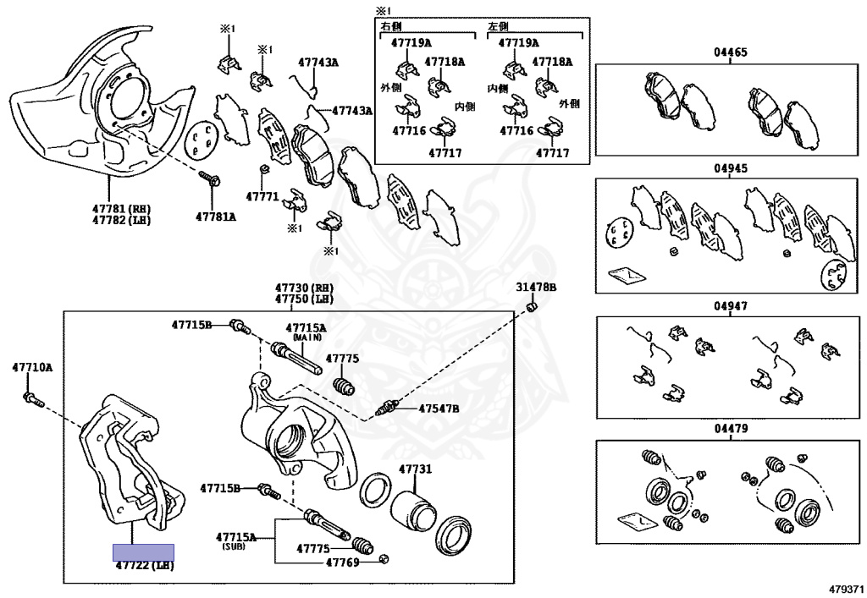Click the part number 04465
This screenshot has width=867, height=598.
click(x=730, y=52)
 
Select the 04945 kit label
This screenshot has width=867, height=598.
click(x=730, y=168)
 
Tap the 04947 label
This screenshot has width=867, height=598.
click(x=730, y=306)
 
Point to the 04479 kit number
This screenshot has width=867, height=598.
click(x=730, y=429)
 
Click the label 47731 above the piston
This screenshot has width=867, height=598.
click(x=415, y=469)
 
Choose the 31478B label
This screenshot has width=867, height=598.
click(x=536, y=288)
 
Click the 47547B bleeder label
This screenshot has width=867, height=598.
click(x=439, y=409)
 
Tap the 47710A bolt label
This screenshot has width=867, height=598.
click(x=32, y=367)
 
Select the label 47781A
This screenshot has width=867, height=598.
click(x=216, y=216)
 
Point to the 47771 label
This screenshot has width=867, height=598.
click(x=262, y=196)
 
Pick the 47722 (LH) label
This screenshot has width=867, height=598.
click(x=145, y=565)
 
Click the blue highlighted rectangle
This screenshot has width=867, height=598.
click(x=144, y=552)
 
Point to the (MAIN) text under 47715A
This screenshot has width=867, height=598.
click(x=306, y=337)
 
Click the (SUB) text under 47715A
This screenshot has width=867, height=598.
click(x=234, y=547)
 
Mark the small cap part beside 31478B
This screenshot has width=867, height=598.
click(x=533, y=306)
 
